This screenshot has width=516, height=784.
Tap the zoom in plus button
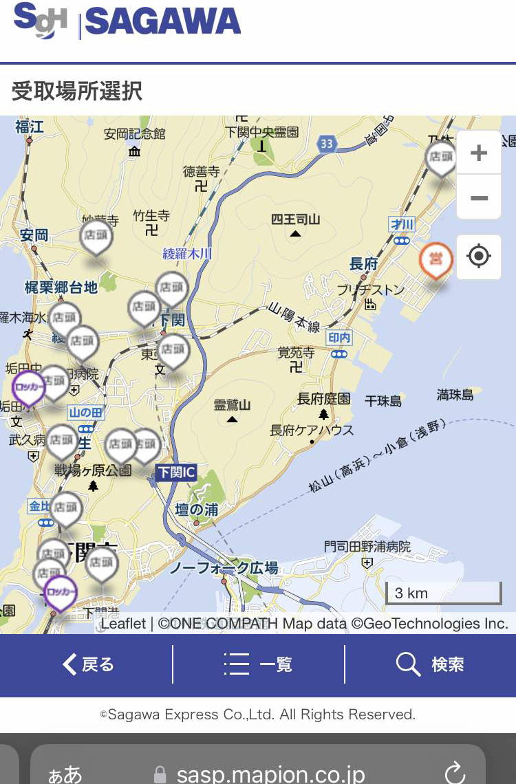coord(479,153)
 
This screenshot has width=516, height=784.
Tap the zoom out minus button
coord(479,198)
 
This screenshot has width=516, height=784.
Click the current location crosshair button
coord(479,257)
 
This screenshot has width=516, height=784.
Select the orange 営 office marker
coord(436,259)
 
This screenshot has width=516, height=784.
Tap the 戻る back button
coord(88,664)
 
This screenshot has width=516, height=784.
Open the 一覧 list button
coord(259,664)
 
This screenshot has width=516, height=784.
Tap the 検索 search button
coord(431,664)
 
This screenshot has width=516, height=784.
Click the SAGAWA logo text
coord(162,22)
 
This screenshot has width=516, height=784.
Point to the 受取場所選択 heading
coord(77,91)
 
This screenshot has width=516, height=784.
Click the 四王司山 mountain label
coord(295,219)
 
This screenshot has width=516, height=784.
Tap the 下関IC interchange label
coord(176,472)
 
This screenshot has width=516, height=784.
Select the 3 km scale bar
coord(444,593)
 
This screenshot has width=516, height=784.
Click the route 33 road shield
coord(327,144)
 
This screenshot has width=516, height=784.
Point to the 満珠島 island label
coord(455,395)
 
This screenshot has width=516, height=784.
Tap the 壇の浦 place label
coord(197,510)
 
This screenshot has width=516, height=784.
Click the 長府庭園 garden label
coord(323,399)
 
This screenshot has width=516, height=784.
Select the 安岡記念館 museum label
coord(135,133)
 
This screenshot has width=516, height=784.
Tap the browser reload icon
coord(455,772)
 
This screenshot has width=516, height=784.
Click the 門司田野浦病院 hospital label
coord(367,547)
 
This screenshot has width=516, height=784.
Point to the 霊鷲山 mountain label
coord(232,405)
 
